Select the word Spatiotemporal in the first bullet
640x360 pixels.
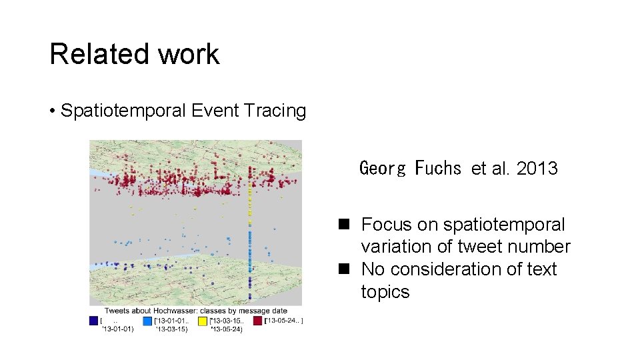coord(123,111)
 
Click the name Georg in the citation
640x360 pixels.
coord(383,169)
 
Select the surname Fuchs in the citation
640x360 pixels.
coord(438,169)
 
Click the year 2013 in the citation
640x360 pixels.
coord(537,169)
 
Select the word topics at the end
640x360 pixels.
coord(385,292)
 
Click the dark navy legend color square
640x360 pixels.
coord(94,321)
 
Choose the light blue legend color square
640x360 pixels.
coord(148,321)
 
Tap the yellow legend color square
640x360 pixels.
coord(203,321)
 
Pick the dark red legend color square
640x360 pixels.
coord(257,321)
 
